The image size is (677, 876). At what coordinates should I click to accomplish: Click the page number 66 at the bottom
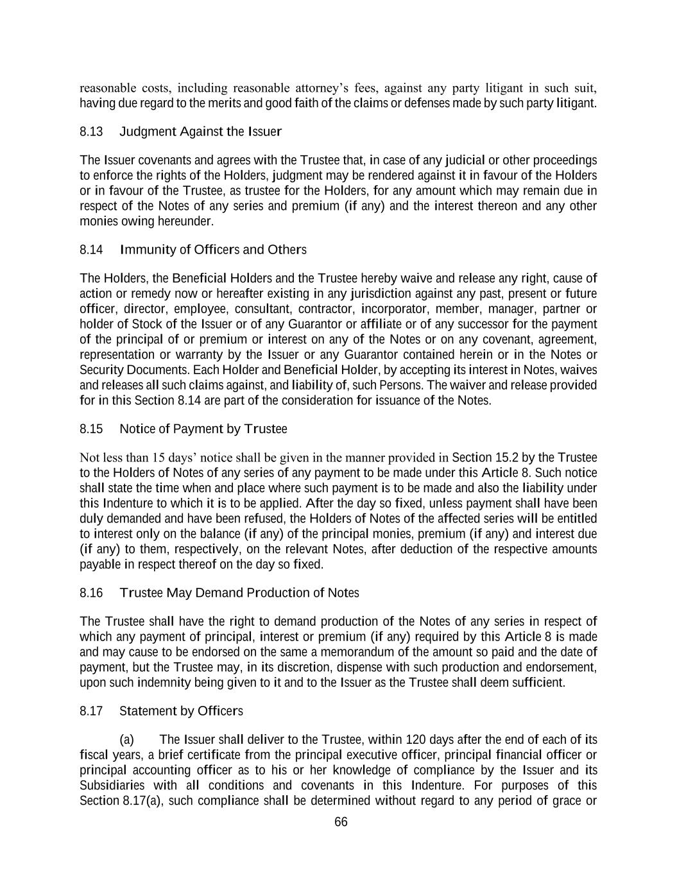click(x=341, y=822)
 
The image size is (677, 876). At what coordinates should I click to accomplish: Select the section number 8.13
click(x=91, y=132)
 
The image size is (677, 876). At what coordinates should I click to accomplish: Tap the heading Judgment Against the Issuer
click(x=201, y=132)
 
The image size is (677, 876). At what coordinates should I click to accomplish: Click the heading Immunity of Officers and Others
click(x=213, y=250)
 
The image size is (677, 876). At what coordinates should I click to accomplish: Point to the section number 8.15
click(x=91, y=429)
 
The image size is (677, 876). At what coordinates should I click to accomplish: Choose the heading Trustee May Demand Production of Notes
click(x=239, y=593)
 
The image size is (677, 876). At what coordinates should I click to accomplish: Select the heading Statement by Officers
click(x=181, y=711)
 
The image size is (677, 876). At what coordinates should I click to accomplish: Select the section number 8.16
click(x=91, y=593)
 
